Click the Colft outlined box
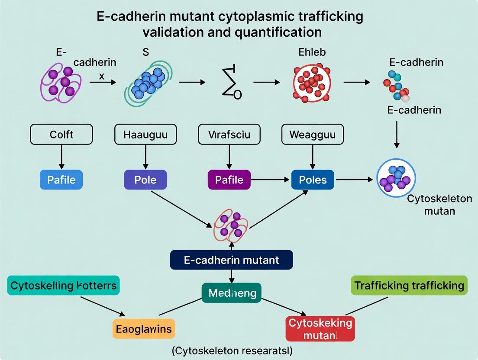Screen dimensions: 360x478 (61, 135)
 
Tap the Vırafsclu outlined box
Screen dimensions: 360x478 (229, 135)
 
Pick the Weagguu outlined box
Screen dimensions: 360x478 (313, 135)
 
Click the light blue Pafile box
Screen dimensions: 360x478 (61, 179)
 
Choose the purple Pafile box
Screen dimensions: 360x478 (229, 179)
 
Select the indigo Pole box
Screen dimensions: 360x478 (145, 179)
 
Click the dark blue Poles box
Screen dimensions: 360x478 (313, 179)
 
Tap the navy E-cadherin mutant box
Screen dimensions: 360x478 (232, 260)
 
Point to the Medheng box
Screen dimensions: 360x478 (232, 293)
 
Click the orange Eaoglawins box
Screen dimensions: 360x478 (143, 329)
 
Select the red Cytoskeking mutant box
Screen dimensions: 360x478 (320, 329)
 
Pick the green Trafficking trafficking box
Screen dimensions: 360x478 (409, 286)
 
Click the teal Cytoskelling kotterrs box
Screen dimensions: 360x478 (63, 286)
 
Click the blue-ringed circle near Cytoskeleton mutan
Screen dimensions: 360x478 (396, 178)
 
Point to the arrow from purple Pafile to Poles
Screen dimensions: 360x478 (271, 179)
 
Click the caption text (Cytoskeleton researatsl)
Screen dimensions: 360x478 (232, 351)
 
